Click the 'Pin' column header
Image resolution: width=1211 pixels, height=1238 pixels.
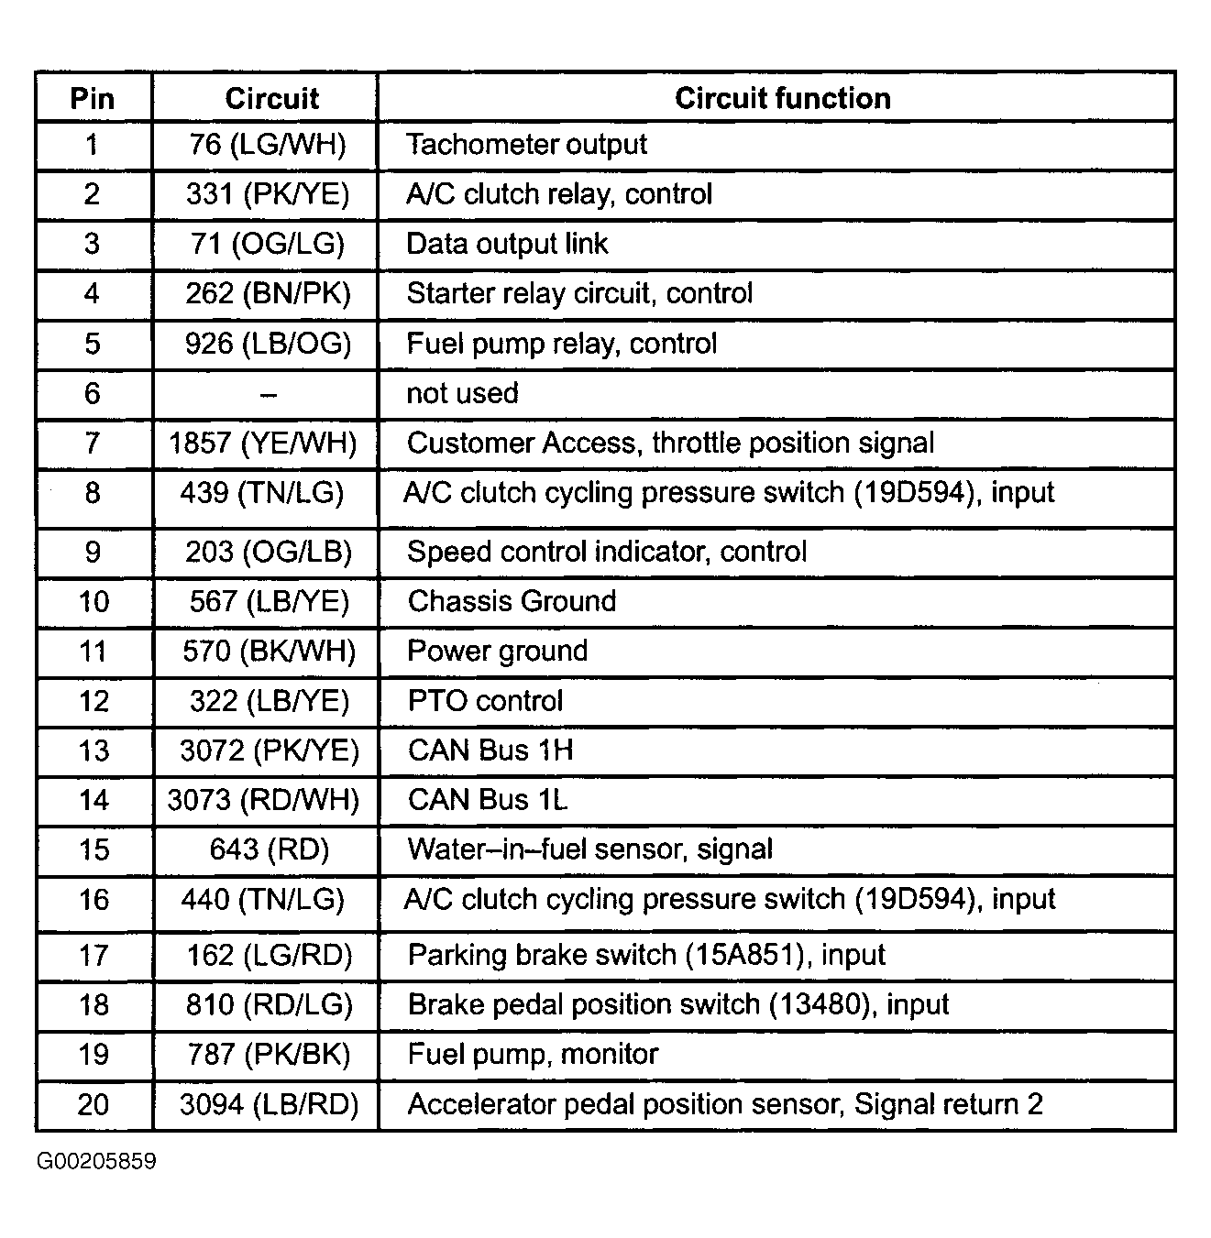(x=93, y=98)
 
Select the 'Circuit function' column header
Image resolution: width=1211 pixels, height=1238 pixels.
(x=782, y=98)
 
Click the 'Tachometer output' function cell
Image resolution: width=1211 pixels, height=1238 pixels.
(x=526, y=144)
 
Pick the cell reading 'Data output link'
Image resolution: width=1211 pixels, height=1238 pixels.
(x=507, y=244)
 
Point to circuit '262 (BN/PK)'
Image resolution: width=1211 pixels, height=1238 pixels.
(x=268, y=293)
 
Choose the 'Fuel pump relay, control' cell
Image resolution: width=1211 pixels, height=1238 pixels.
(x=561, y=344)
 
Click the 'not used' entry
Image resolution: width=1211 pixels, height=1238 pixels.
(x=462, y=393)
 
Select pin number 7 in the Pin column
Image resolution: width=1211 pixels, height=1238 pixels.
(x=93, y=444)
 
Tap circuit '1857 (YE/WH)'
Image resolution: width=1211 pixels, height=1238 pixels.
(x=263, y=444)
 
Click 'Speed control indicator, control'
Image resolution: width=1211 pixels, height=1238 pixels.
(x=606, y=552)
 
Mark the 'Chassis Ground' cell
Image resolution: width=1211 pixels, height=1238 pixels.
(x=512, y=601)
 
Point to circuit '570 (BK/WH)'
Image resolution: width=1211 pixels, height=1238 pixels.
(x=269, y=652)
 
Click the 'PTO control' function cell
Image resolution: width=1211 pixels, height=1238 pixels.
(x=485, y=701)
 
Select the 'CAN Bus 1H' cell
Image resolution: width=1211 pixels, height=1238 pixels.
(x=490, y=750)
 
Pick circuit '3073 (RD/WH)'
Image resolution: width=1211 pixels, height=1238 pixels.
(x=263, y=800)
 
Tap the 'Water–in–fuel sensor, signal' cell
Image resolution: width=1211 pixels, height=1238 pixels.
(x=589, y=849)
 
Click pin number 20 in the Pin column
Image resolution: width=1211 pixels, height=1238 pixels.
(x=93, y=1104)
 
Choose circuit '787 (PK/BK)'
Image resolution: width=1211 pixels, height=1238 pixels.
(x=269, y=1055)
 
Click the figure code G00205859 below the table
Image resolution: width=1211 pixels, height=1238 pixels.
(x=96, y=1162)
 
